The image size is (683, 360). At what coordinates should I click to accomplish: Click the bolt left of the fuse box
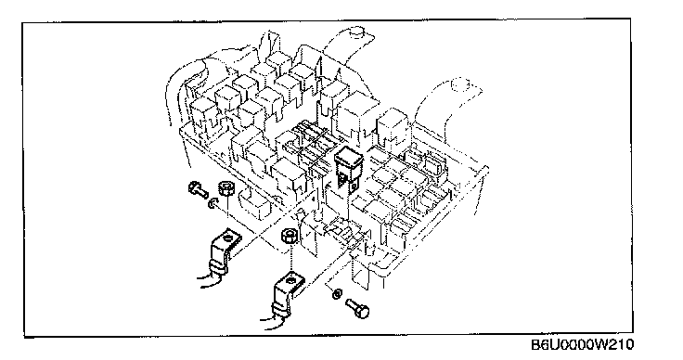pyautogui.click(x=199, y=190)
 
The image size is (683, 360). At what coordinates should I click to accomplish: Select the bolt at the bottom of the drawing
pyautogui.click(x=357, y=307)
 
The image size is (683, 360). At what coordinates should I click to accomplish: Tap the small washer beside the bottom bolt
pyautogui.click(x=337, y=294)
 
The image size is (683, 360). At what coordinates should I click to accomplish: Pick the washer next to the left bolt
pyautogui.click(x=213, y=202)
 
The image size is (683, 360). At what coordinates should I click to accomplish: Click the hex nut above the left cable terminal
pyautogui.click(x=226, y=188)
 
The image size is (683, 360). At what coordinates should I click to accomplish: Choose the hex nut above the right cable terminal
pyautogui.click(x=290, y=237)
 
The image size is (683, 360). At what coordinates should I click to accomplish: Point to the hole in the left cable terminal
pyautogui.click(x=227, y=238)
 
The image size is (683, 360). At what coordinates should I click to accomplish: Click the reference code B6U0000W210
pyautogui.click(x=583, y=345)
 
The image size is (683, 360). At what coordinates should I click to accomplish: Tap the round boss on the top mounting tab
pyautogui.click(x=357, y=32)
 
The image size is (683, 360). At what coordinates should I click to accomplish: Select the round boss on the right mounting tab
pyautogui.click(x=459, y=84)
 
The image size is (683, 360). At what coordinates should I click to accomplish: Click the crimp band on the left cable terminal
pyautogui.click(x=218, y=266)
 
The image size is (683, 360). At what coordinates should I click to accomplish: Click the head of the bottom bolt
pyautogui.click(x=363, y=312)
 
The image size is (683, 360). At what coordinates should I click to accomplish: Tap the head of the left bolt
pyautogui.click(x=193, y=188)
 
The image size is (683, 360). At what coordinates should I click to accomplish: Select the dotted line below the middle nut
pyautogui.click(x=290, y=258)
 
